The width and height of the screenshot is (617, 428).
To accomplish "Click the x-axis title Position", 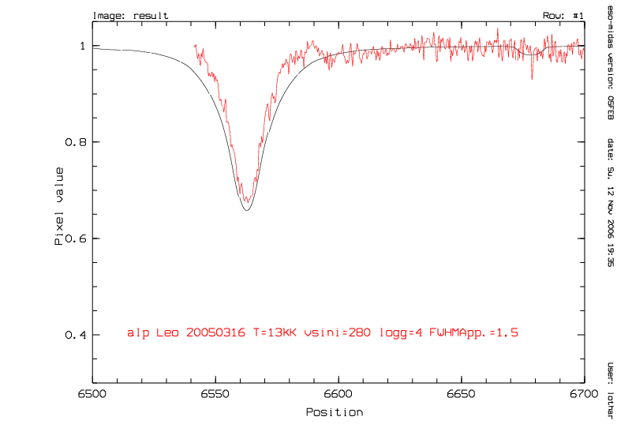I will (x=334, y=412).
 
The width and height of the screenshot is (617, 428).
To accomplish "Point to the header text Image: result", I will (x=130, y=16).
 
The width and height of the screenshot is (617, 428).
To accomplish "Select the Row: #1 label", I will (x=563, y=16).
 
